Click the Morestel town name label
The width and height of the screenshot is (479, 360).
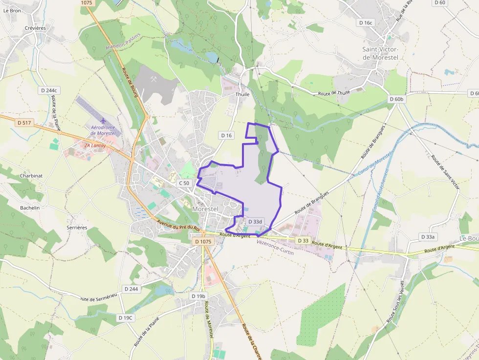coord(205,209)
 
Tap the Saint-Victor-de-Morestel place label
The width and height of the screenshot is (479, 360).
coord(380,53)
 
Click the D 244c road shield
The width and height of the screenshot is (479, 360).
coord(49,90)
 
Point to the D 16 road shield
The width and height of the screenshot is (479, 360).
coord(226,135)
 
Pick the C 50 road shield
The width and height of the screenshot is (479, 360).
coord(184,183)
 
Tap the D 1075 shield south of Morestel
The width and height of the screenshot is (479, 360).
coord(202,241)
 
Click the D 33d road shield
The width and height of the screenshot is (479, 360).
coord(255,222)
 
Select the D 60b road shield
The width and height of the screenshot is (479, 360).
coord(396,99)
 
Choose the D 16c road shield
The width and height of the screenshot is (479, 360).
coord(366,22)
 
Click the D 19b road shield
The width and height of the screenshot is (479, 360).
coord(198,296)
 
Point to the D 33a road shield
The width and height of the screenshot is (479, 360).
coord(428,236)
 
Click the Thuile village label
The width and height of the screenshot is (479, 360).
coord(242,94)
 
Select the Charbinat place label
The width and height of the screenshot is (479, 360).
coord(31,176)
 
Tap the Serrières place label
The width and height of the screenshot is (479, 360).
coord(77,228)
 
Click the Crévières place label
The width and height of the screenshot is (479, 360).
coord(35,28)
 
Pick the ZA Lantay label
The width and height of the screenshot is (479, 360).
coord(95,146)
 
